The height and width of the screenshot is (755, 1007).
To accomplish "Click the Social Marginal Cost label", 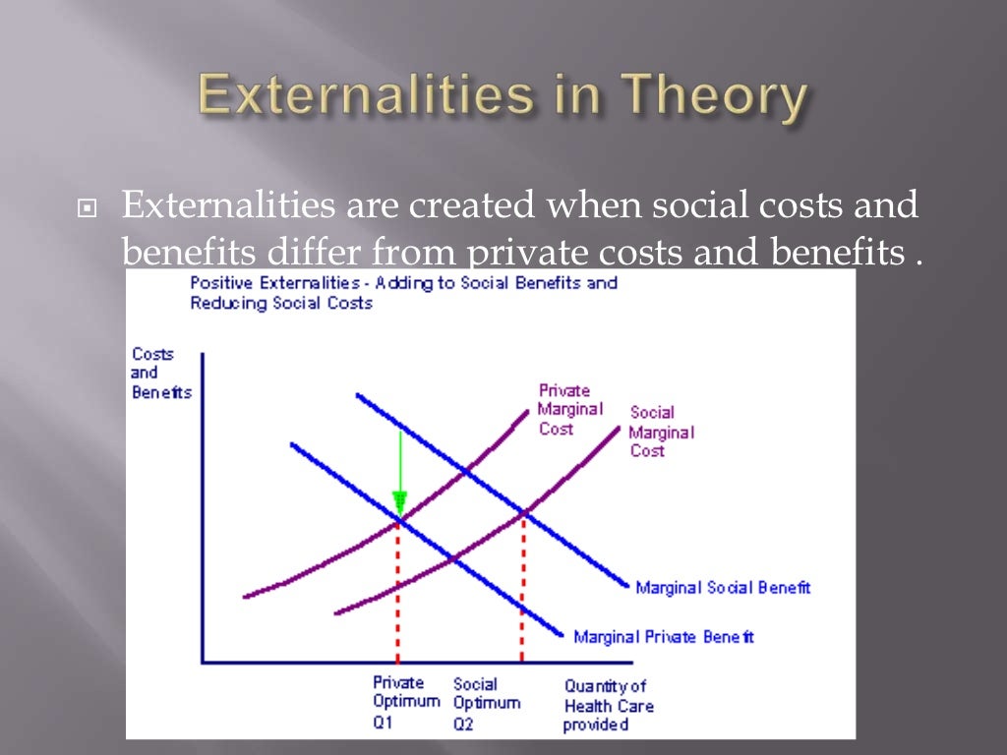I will (x=661, y=432).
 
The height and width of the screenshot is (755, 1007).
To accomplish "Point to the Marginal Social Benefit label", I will (x=723, y=588).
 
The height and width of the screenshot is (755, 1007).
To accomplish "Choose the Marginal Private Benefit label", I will (x=664, y=637).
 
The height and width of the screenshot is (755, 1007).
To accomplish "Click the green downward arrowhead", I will (x=399, y=501).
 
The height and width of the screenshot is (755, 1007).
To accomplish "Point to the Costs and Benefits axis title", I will (x=160, y=374).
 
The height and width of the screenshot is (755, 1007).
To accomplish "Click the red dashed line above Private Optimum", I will (x=397, y=590).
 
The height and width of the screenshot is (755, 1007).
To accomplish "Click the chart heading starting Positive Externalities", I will (x=403, y=293).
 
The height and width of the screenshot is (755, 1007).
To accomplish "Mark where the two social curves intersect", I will (x=523, y=512).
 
